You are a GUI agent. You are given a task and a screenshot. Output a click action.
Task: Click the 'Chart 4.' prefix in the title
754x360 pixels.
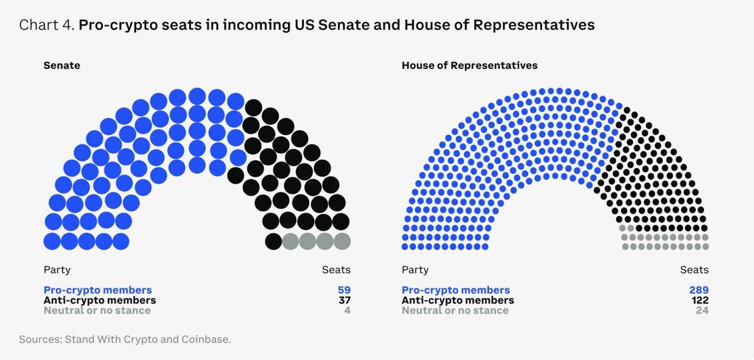pos(47,25)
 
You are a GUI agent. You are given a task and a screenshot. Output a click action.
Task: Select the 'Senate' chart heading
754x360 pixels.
pos(62,65)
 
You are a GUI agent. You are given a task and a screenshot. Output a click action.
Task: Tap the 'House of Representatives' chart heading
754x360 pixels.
pos(469,65)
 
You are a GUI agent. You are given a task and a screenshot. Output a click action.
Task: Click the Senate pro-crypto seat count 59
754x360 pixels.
pos(345,290)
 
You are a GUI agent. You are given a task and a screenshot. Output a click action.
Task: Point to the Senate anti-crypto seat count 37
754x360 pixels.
pos(345,300)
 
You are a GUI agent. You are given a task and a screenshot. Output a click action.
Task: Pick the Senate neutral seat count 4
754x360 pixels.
pos(348,311)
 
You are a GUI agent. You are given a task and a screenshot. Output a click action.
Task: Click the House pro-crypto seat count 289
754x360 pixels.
pos(699,290)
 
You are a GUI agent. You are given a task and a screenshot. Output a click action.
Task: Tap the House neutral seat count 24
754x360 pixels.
pos(702,311)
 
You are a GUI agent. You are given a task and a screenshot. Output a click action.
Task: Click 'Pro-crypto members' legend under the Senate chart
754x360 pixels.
pos(98,290)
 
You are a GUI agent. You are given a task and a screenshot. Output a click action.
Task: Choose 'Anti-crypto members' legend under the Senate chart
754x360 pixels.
pos(100,300)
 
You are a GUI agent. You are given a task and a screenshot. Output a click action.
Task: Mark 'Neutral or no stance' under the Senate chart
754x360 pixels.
pos(97,311)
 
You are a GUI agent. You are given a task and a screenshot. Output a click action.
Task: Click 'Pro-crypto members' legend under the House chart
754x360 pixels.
pos(456,290)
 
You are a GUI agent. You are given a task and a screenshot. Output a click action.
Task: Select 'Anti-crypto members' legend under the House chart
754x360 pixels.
pos(458,300)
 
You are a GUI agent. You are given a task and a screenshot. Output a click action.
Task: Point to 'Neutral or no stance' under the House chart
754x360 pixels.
pos(455,311)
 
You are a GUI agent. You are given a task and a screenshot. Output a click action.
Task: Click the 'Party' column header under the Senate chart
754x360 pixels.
pos(57,270)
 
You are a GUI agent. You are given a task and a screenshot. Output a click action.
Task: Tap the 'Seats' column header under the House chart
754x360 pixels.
pos(695,270)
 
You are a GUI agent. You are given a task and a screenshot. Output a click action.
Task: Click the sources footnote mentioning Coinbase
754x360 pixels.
pos(125,339)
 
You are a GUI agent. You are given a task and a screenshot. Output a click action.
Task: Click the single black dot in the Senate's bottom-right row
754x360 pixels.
pos(273,241)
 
